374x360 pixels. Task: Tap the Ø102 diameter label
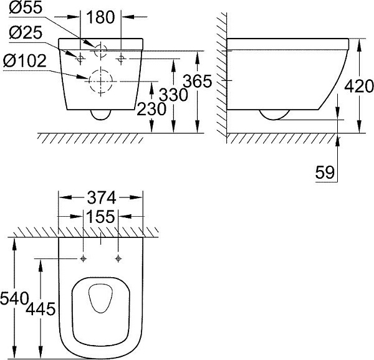pos(25,62)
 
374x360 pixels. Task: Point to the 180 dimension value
pos(100,17)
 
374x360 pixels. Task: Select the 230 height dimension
pos(151,108)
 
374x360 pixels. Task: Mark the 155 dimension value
pos(100,217)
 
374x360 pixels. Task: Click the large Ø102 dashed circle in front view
pos(100,82)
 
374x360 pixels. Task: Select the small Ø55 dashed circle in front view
pos(100,52)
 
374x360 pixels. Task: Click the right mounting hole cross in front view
pos(120,59)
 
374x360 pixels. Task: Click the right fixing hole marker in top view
pos(117,258)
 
